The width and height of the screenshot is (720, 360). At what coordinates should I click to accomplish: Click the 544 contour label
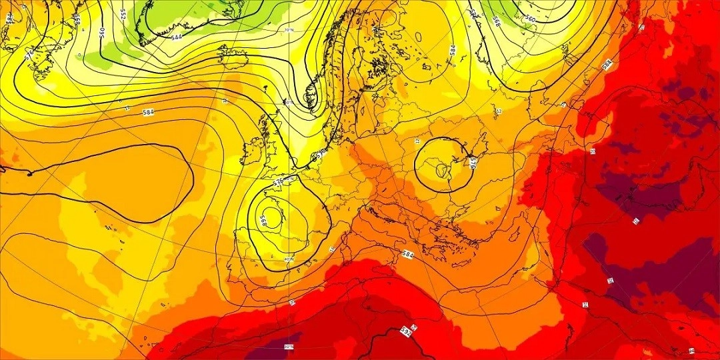point(177,37)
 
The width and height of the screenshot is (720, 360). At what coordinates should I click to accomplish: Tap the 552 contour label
point(123,13)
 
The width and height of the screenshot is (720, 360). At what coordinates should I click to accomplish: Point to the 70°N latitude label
point(288,31)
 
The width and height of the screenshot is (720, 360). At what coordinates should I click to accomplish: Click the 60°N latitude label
point(289,103)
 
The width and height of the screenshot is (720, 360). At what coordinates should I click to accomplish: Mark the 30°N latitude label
point(288,346)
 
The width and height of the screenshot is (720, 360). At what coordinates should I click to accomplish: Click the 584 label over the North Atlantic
point(148,112)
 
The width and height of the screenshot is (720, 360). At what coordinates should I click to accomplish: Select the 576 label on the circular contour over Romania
point(472,163)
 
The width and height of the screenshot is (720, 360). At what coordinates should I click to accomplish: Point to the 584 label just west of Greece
point(408,254)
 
